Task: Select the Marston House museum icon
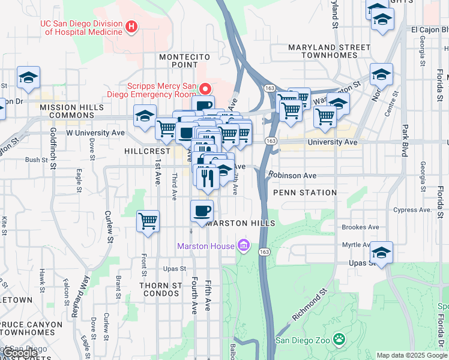pos(243,245)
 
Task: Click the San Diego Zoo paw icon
pos(340,340)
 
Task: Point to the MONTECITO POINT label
pos(178,61)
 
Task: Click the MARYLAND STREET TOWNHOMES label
pos(329,51)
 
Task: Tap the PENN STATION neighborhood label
pos(304,193)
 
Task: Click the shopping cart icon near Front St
pos(148,221)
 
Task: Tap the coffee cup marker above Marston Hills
pos(202,211)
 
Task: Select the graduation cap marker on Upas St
pos(381,252)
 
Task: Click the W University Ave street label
pos(95,132)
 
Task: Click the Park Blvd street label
pos(405,139)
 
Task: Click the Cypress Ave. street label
pos(412,210)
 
